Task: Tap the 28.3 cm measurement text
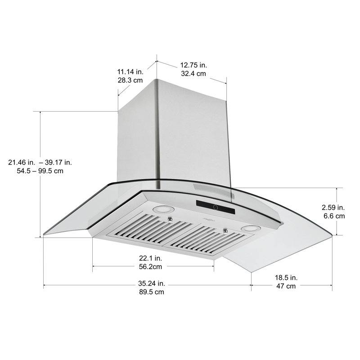[x=130, y=81]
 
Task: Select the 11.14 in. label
[x=130, y=72]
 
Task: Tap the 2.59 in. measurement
[x=333, y=207]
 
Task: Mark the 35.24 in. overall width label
[x=151, y=283]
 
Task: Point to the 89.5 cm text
[x=151, y=292]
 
